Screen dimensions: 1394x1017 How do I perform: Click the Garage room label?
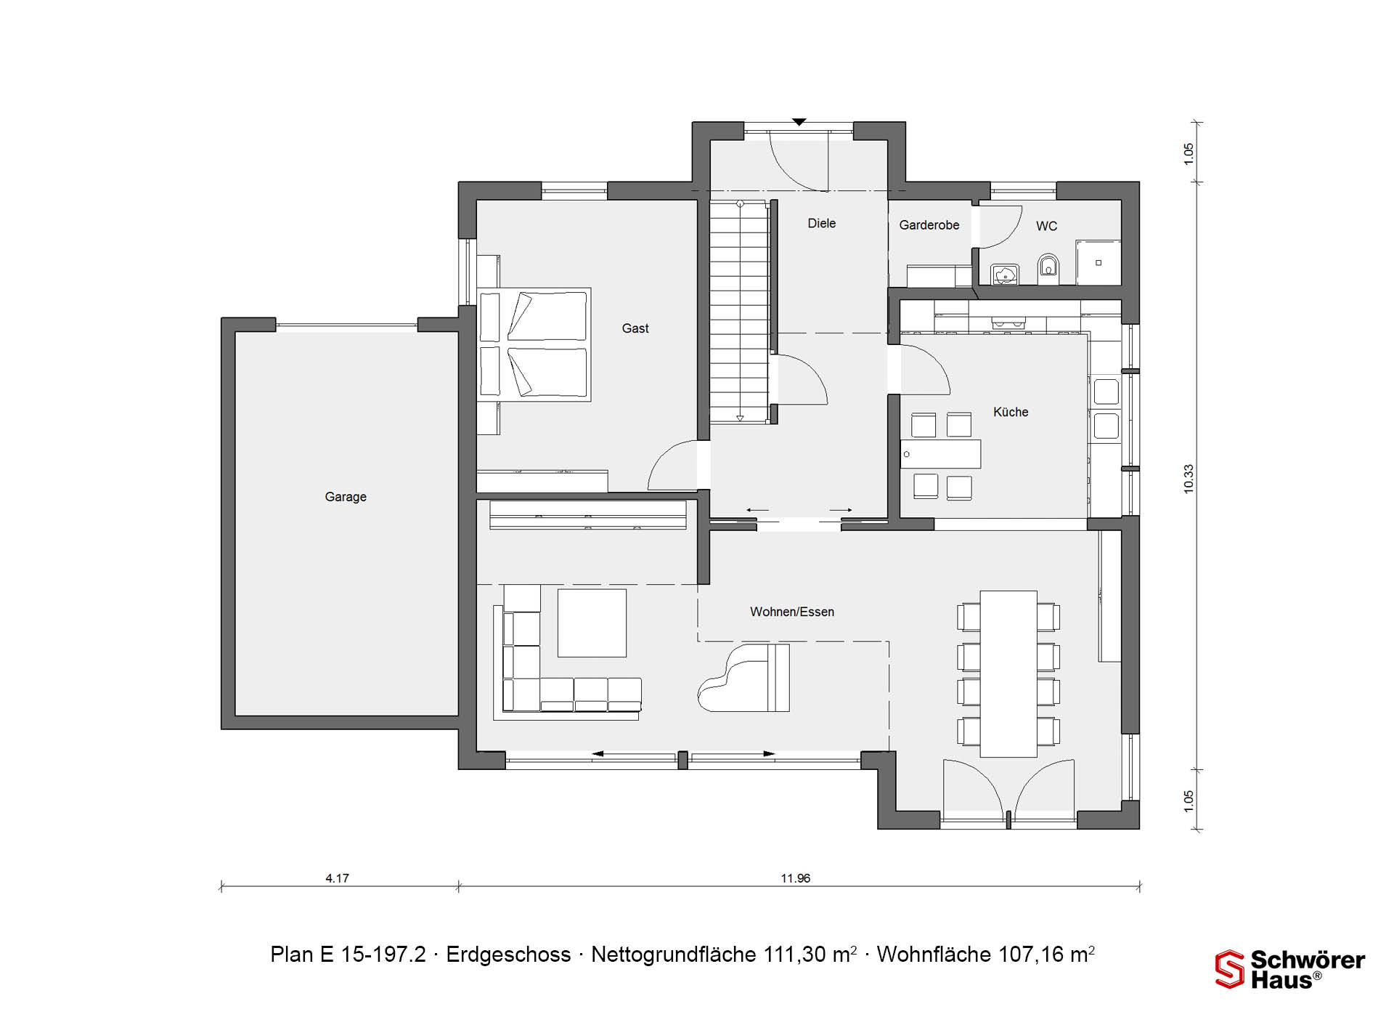click(346, 497)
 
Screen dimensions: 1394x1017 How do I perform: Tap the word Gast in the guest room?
click(635, 328)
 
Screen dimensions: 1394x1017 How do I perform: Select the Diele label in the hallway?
click(822, 224)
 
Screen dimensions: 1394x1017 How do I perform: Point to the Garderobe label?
click(929, 225)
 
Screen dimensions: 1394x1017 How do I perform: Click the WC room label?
click(1046, 226)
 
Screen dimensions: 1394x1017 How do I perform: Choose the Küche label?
click(1011, 412)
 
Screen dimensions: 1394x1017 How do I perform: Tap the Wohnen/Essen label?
click(792, 612)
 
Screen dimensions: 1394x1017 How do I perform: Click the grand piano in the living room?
click(743, 678)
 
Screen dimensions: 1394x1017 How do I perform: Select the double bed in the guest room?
click(534, 344)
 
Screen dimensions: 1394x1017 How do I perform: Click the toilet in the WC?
click(1048, 267)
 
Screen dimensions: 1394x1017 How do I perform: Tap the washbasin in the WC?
click(1005, 275)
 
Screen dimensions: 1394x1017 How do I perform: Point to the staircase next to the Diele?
click(739, 312)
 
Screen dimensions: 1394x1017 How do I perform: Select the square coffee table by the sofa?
click(592, 623)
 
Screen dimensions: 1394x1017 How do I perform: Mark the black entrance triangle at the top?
click(799, 122)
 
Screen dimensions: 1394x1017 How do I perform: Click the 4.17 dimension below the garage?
click(337, 878)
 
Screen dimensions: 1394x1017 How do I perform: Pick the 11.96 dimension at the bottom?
click(796, 878)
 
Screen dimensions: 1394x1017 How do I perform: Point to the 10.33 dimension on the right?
click(1189, 479)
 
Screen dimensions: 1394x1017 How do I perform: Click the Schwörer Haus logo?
click(1290, 970)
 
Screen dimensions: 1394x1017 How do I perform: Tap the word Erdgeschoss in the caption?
click(508, 955)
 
